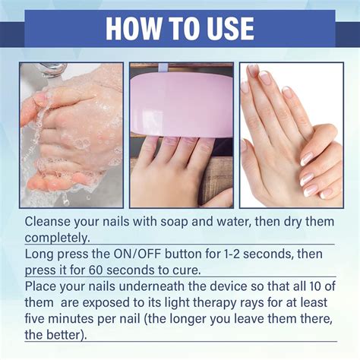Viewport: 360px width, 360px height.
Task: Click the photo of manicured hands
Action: [291, 134]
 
